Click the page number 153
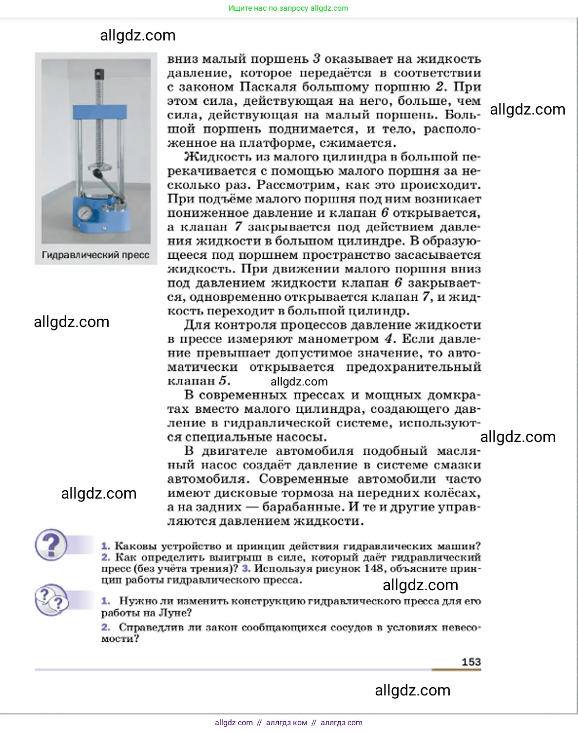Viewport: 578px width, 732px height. click(x=471, y=661)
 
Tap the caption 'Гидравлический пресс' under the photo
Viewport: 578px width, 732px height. click(x=96, y=255)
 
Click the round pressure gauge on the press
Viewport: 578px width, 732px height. click(x=84, y=213)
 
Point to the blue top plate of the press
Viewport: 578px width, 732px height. click(x=99, y=112)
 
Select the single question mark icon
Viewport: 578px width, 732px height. click(x=51, y=544)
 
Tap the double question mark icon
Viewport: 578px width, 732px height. click(x=51, y=600)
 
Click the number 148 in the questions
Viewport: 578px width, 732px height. click(x=373, y=568)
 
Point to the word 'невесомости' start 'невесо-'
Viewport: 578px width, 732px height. click(x=461, y=627)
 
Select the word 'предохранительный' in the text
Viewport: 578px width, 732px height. click(x=413, y=366)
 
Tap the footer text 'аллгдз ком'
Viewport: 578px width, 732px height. click(x=287, y=722)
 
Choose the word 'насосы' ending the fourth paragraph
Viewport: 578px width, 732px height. click(x=300, y=437)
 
